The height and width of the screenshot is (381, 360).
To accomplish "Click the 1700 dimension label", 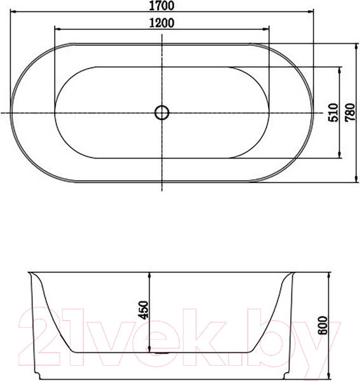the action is coord(161,6).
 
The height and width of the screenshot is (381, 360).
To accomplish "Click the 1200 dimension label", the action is coord(161,23).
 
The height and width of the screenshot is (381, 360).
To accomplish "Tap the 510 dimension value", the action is coord(333,112).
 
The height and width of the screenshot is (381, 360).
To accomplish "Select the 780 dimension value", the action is coord(350,112).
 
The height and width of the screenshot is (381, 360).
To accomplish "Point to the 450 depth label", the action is coord(143,310).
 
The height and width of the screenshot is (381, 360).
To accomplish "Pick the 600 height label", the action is coord(323,326).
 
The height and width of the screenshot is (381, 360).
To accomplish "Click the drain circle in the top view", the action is coord(162,113).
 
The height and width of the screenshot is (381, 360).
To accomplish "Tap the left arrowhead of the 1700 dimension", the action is coord(13,11).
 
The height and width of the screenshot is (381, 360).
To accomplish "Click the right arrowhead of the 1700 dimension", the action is coord(310,11).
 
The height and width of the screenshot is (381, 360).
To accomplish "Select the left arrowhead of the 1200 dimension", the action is coord(58,29).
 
